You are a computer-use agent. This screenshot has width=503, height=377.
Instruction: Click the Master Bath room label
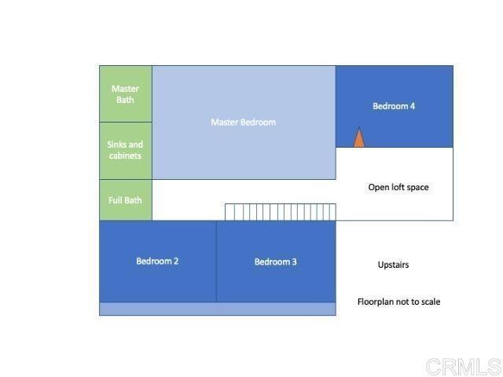click(x=125, y=94)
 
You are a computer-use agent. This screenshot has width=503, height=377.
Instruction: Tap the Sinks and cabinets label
click(x=125, y=150)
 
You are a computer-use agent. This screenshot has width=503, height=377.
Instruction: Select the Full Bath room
click(x=125, y=200)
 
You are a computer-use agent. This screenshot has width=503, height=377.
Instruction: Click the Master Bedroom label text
click(x=243, y=122)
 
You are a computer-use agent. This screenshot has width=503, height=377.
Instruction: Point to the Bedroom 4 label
click(x=394, y=106)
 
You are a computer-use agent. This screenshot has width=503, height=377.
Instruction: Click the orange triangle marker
click(x=358, y=138)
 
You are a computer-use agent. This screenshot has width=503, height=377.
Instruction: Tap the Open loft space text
click(x=398, y=187)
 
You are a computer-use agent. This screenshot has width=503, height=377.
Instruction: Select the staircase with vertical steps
click(x=280, y=212)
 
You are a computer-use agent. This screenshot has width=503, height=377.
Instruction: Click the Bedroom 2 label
click(x=157, y=261)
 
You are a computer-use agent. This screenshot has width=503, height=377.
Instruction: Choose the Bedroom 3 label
click(x=275, y=262)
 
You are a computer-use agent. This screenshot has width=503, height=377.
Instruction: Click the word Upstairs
click(x=393, y=265)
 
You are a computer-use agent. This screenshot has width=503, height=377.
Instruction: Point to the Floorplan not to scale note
click(x=398, y=302)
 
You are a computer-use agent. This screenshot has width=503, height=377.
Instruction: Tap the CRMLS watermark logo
click(x=463, y=366)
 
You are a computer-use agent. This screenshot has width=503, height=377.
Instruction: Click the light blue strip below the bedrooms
click(x=217, y=309)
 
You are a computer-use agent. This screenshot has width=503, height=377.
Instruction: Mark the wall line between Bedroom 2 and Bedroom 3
click(x=216, y=262)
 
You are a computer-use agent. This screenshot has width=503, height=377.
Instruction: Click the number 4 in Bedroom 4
click(x=412, y=106)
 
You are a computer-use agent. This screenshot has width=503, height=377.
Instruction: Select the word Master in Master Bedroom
click(x=224, y=122)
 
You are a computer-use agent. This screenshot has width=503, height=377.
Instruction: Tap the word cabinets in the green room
click(x=125, y=156)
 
